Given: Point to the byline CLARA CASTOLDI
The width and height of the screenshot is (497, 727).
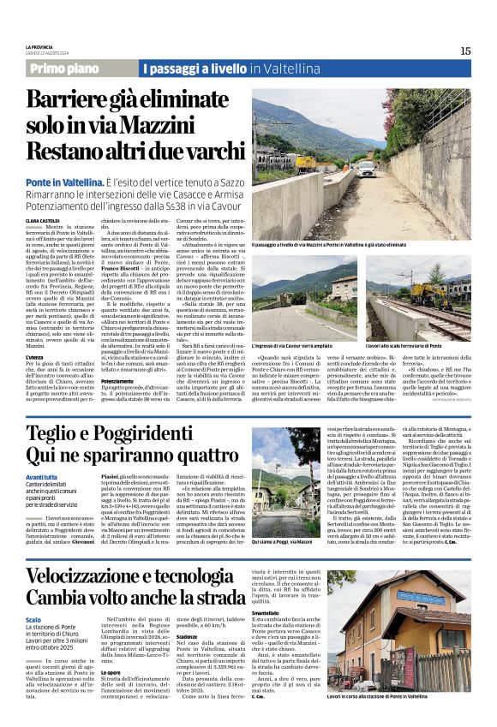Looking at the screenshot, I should pos(43,221).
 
